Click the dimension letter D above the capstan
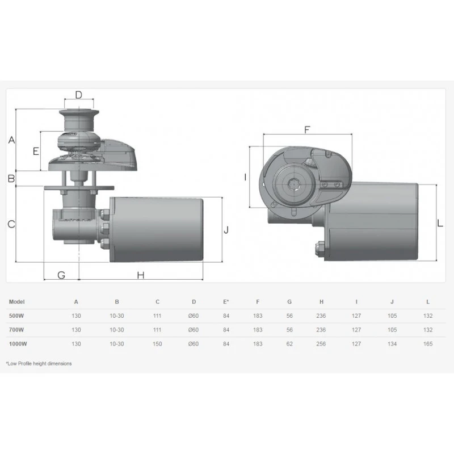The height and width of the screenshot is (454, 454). tap(79, 95)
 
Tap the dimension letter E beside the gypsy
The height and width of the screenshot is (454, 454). tap(35, 152)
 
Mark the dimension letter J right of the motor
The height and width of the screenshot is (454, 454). tap(225, 230)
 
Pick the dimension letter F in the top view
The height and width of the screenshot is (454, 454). tap(307, 129)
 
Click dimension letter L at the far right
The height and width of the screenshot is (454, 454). tap(440, 224)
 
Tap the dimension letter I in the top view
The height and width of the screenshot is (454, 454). tap(245, 177)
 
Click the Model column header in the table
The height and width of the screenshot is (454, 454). tap(17, 302)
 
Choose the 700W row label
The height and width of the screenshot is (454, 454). tap(16, 330)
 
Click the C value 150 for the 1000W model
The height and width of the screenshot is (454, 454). tap(157, 344)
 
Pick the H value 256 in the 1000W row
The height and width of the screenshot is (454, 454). tap(321, 344)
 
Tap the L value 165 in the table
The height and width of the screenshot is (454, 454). tap(428, 344)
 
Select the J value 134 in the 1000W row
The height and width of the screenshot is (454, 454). tap(392, 344)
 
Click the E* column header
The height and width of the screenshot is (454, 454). tap(226, 302)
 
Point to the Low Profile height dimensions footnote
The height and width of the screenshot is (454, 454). tap(39, 363)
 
